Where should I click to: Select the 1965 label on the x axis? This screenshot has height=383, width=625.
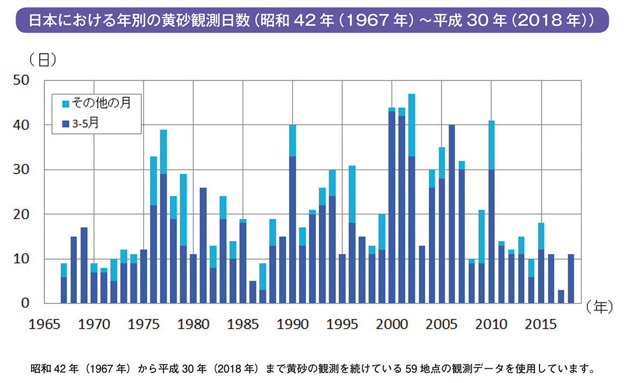click(44, 324)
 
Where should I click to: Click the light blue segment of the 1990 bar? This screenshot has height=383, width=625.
click(292, 141)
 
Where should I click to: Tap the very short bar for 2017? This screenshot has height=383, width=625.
click(561, 297)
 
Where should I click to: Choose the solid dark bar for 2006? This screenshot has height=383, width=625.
click(451, 215)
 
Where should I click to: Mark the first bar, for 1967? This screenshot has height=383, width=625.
click(64, 285)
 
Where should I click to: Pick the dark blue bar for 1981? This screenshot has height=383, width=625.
click(203, 245)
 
